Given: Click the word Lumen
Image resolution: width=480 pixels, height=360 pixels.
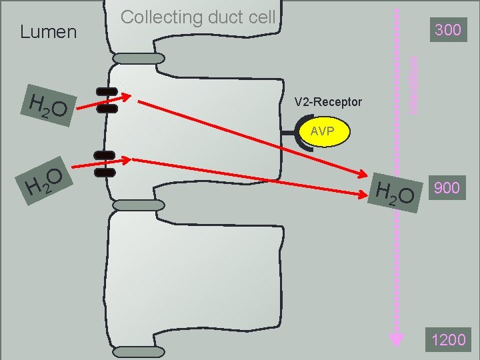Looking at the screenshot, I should tap(49, 31).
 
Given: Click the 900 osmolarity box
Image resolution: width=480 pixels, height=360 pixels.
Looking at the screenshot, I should tap(446, 188).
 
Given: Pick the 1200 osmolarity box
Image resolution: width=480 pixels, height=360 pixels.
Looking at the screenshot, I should tap(448, 340).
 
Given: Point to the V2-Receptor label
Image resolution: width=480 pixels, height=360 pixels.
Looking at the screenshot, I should tap(328, 102).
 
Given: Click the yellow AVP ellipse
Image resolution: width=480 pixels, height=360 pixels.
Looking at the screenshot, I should tap(322, 131).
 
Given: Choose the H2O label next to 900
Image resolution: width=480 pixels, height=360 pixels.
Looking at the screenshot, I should tap(395, 191).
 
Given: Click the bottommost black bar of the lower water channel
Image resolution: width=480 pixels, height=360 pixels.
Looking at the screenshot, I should tap(105, 173).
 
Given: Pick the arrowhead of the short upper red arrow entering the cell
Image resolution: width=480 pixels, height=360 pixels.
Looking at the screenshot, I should tap(135, 101).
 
